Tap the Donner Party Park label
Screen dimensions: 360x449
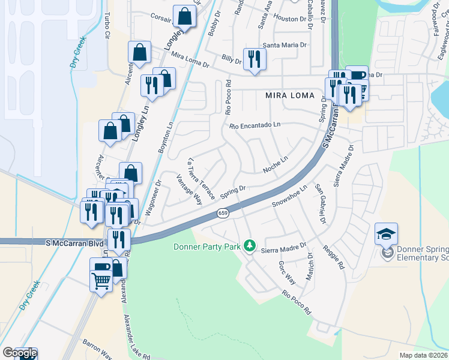pos(207,247)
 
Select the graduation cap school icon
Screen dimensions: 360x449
pos(386,233)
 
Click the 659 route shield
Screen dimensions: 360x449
pos(223,213)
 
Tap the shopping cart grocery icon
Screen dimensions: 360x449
pos(101,280)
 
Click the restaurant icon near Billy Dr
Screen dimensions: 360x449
pos(255,59)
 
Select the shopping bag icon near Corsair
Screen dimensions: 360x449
pos(185,17)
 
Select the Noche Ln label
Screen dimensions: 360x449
pos(276,166)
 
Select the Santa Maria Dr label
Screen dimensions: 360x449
pos(285,45)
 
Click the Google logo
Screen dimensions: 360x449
pos(19,353)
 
